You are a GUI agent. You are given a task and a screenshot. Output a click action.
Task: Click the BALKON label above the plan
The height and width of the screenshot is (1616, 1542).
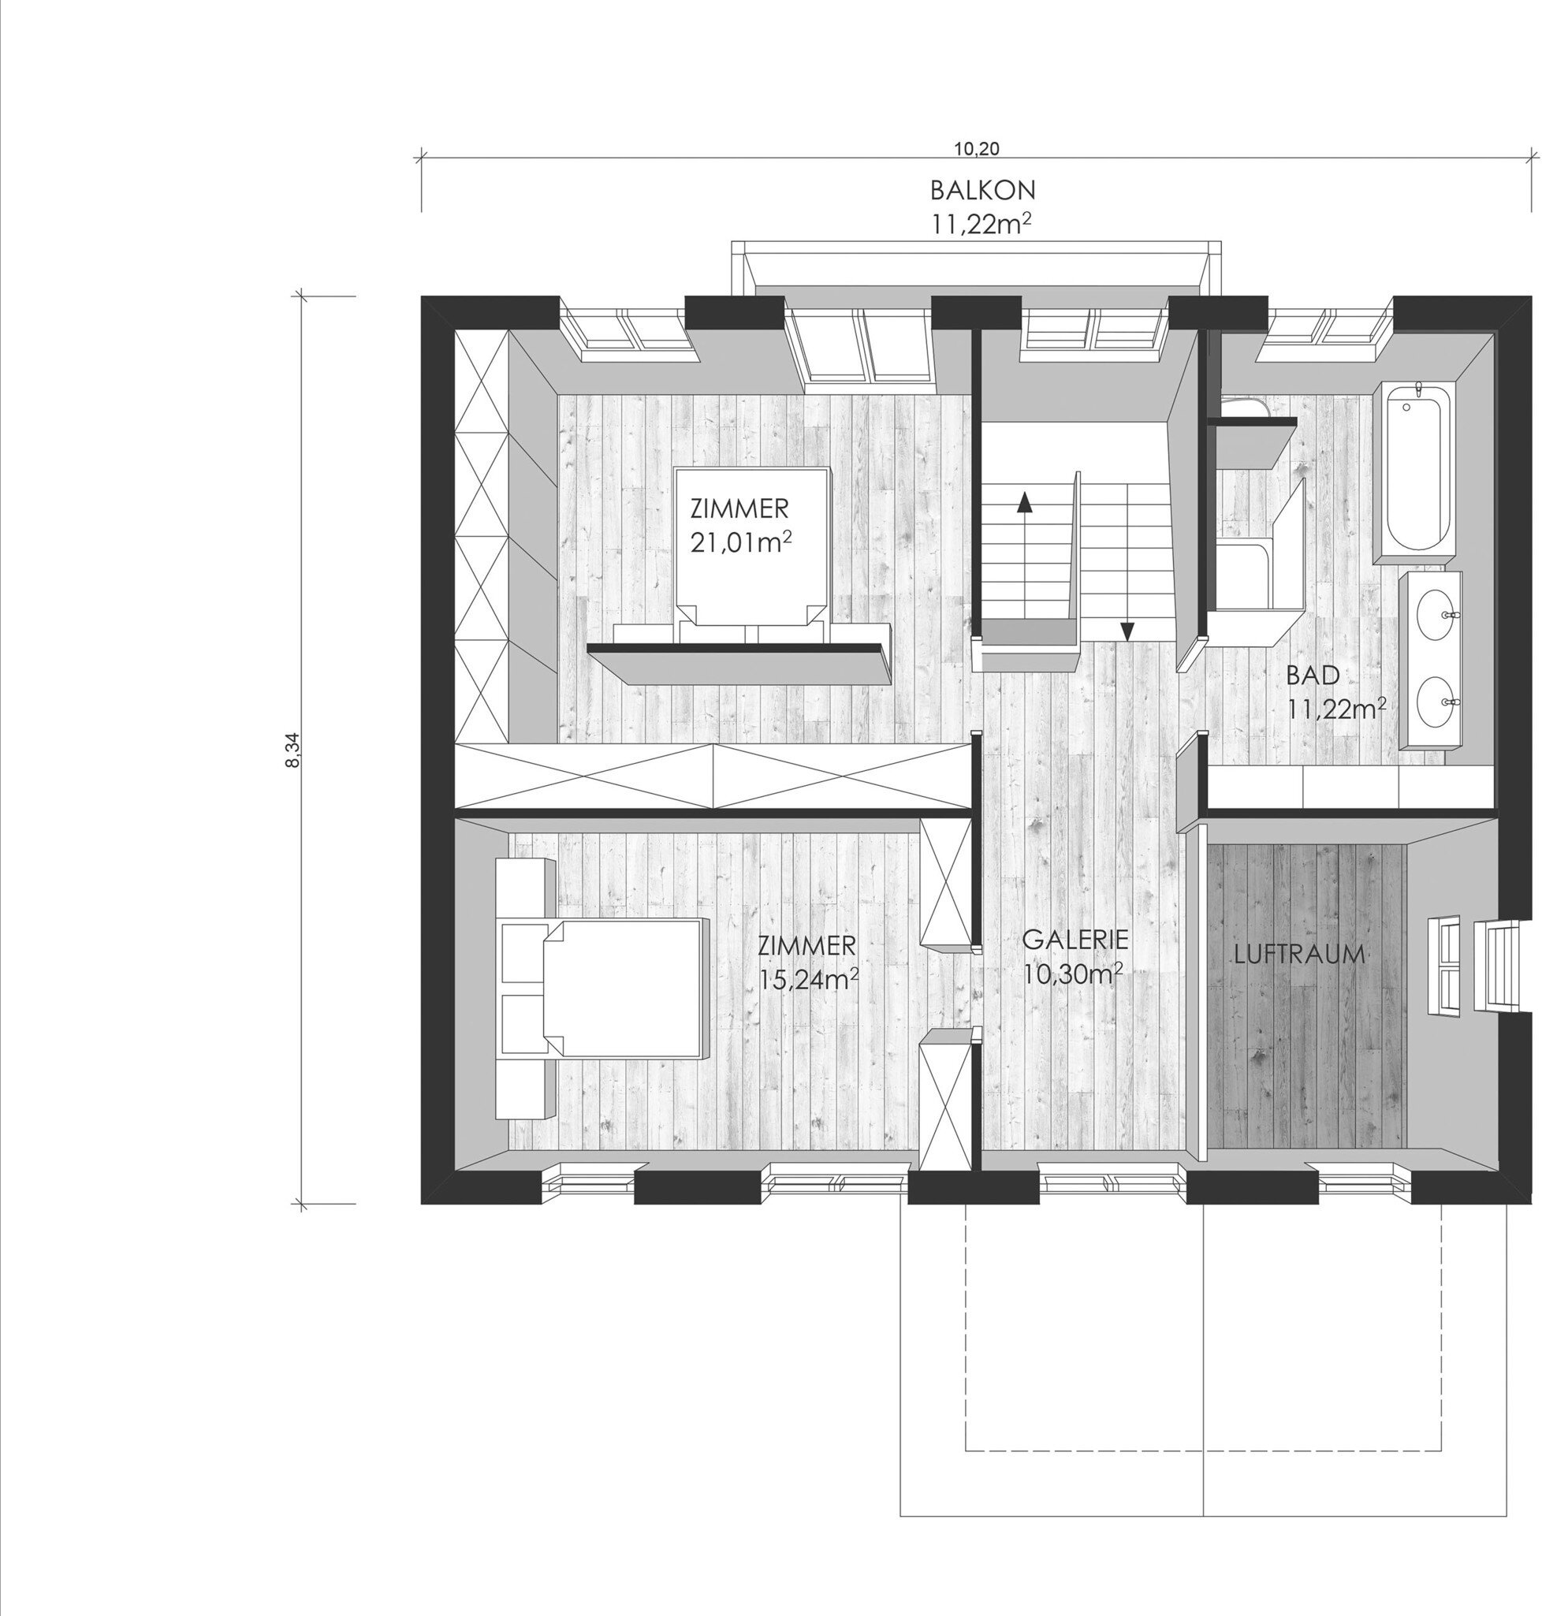[982, 190]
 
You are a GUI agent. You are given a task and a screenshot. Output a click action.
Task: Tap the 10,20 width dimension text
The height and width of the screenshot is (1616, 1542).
[977, 149]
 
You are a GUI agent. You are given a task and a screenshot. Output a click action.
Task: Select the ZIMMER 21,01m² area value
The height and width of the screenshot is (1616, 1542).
[740, 543]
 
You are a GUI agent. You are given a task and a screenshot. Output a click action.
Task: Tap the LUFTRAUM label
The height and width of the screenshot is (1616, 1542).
[1299, 955]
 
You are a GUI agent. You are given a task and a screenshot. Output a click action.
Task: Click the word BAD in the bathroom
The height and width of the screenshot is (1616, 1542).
[1313, 676]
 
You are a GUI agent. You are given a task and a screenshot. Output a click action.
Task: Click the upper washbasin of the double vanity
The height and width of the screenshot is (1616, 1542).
[1431, 619]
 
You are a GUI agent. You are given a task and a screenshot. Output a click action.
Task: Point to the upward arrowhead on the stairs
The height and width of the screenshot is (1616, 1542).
[1024, 501]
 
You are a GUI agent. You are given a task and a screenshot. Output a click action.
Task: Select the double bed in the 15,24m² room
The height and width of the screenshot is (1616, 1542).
[623, 988]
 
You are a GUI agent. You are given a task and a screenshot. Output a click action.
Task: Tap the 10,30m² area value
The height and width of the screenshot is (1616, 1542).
[1074, 974]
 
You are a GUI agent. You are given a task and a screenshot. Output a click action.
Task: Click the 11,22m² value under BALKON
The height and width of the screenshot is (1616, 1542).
[981, 224]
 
